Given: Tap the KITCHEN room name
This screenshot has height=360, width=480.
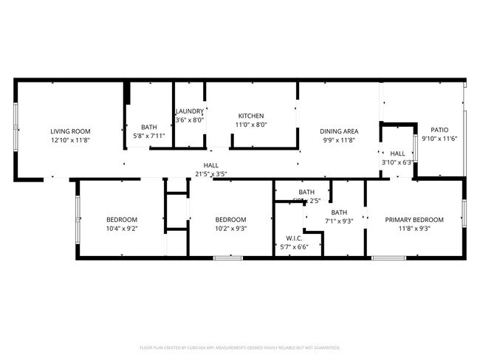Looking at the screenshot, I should pyautogui.click(x=251, y=116).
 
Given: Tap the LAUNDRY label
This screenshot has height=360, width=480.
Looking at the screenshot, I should pyautogui.click(x=189, y=111).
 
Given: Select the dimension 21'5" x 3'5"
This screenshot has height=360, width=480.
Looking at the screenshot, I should pyautogui.click(x=210, y=174).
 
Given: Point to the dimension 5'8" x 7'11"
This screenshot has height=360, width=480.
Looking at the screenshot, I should pyautogui.click(x=148, y=136).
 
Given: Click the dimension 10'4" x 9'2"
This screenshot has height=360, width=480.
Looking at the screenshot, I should pyautogui.click(x=122, y=229).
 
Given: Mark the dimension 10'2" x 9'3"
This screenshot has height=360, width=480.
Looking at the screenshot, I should pyautogui.click(x=230, y=229).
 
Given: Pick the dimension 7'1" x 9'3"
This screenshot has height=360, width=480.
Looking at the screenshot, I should pyautogui.click(x=339, y=221).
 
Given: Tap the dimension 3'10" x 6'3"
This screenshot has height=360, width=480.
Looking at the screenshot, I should pyautogui.click(x=397, y=162).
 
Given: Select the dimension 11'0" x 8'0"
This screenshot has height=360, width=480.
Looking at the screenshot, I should pyautogui.click(x=251, y=125).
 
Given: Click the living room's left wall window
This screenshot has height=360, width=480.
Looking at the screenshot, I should pyautogui.click(x=16, y=130).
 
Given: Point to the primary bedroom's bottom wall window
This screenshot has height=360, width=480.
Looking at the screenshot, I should pyautogui.click(x=388, y=257).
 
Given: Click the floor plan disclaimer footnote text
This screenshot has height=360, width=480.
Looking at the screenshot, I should pyautogui.click(x=240, y=347).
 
